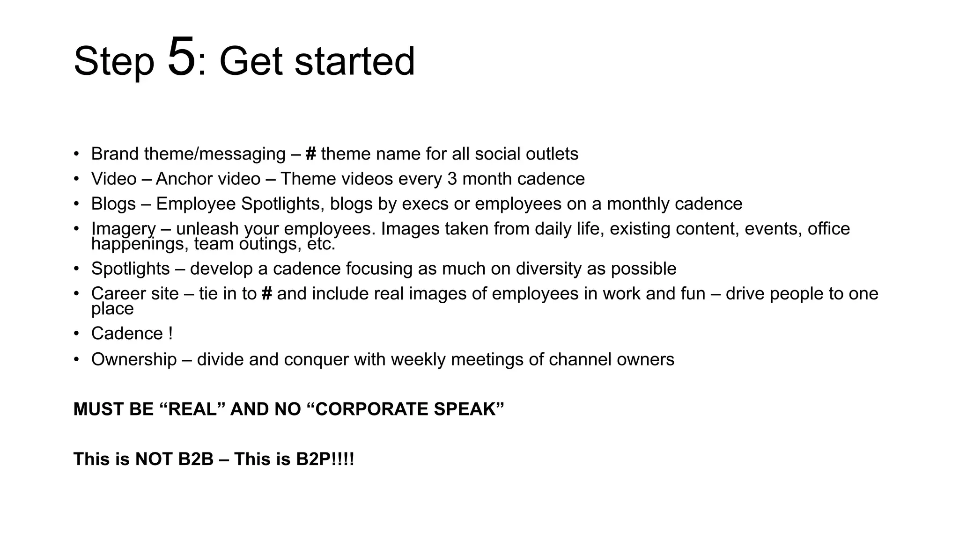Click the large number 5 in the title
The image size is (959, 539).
pos(181,58)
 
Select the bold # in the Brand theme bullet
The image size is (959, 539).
pos(311,154)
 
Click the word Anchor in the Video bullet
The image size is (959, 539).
pos(184,179)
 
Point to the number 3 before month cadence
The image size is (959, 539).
pos(452,179)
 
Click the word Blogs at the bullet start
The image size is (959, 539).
pos(113,204)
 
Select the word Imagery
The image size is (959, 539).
pos(123,229)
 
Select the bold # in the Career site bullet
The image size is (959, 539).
pos(267,294)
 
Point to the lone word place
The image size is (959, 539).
pos(112,309)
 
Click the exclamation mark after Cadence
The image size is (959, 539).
pos(170,334)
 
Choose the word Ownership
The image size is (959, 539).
pos(134,359)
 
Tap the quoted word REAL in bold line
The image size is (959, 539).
pos(192,409)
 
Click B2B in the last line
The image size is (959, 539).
pos(196,459)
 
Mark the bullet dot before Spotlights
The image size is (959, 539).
pos(76,269)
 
